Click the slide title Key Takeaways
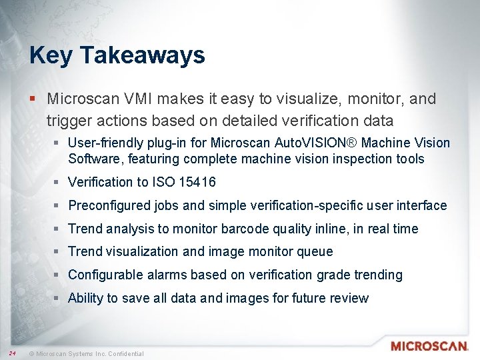pos(117,55)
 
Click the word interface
pos(423,205)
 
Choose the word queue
pos(316,251)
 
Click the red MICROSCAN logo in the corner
pos(429,346)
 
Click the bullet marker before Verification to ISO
pos(59,182)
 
